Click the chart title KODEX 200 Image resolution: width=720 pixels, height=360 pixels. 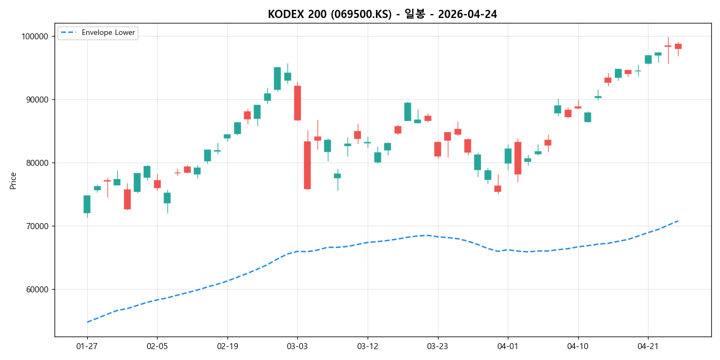(382, 14)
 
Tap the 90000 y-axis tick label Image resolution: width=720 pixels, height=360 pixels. (36, 100)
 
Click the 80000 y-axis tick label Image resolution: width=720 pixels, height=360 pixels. (36, 163)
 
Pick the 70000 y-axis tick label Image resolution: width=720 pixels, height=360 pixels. (36, 226)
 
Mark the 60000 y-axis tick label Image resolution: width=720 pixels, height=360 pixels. (36, 290)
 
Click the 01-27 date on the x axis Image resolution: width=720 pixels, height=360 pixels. (87, 346)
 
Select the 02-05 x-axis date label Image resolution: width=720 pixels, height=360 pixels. (157, 346)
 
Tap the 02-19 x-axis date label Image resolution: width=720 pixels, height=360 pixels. (227, 346)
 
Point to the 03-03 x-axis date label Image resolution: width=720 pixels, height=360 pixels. (297, 346)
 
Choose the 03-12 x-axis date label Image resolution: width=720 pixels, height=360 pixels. (368, 346)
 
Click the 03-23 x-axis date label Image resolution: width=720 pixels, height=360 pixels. (437, 346)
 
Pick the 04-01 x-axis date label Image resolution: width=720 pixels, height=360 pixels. (508, 346)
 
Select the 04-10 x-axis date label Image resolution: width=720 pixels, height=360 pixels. (578, 346)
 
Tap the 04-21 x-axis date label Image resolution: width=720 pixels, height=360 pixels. (648, 346)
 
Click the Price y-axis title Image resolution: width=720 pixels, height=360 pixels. (13, 181)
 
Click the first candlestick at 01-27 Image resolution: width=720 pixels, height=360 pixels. (87, 204)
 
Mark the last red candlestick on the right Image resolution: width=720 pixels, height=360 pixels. (678, 46)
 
